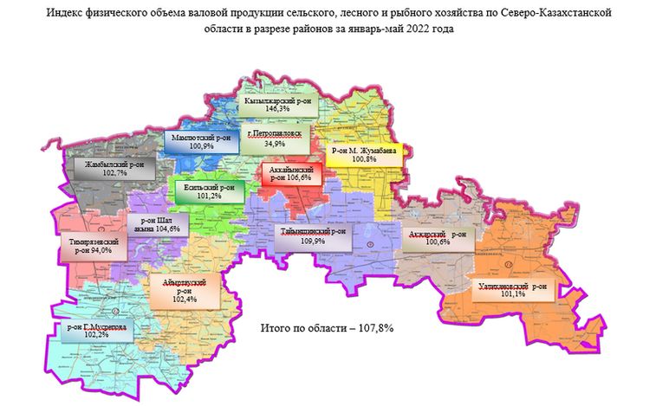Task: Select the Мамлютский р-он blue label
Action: (200, 142)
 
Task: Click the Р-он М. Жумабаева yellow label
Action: (364, 155)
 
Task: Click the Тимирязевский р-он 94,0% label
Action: (94, 245)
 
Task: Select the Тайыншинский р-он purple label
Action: (314, 236)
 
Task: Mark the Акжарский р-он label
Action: (438, 237)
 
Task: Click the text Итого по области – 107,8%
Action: (322, 329)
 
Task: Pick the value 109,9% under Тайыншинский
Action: (313, 242)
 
